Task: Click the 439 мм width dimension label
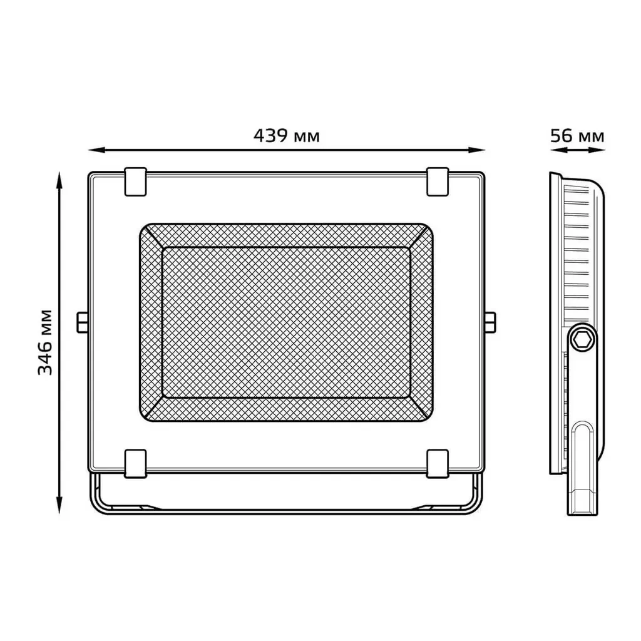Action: click(287, 136)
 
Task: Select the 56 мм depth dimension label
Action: click(577, 136)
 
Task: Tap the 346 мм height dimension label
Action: click(45, 342)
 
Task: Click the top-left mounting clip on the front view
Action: click(135, 182)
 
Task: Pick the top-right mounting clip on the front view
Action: click(438, 182)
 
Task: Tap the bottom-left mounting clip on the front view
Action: click(135, 464)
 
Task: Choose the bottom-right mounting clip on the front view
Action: click(438, 464)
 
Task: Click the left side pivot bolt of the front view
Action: click(83, 322)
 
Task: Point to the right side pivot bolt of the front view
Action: click(490, 322)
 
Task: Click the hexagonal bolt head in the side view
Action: click(582, 339)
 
